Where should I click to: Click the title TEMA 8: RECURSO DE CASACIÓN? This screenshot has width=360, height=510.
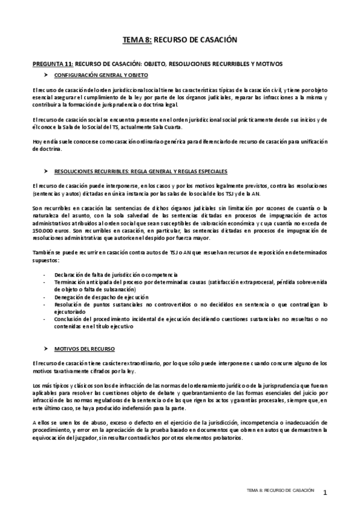tap(180, 40)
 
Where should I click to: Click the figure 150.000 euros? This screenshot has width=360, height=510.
tap(45, 229)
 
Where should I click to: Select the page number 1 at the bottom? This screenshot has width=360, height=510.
tap(325, 493)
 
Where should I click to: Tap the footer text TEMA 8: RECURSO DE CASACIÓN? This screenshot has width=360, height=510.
tap(280, 491)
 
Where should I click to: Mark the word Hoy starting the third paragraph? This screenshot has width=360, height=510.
tap(37, 142)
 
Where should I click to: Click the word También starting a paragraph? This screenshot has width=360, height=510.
tap(43, 251)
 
